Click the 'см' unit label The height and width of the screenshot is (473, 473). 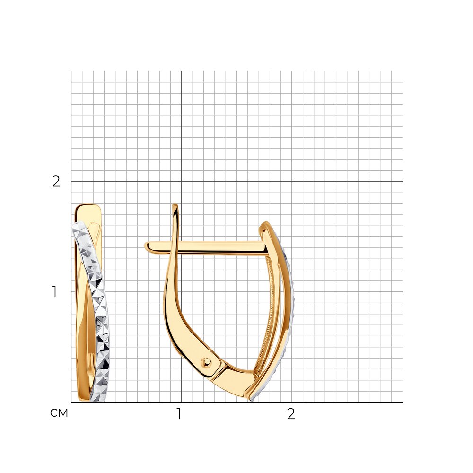[x=59, y=413]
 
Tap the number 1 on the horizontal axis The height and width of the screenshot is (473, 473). [x=179, y=414]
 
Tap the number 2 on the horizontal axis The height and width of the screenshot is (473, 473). [x=291, y=414]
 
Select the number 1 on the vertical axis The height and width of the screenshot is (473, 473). [x=54, y=292]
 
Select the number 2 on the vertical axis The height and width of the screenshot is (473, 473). [x=56, y=181]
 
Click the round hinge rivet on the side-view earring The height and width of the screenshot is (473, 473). [x=207, y=362]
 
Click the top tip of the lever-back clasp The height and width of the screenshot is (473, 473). [x=175, y=205]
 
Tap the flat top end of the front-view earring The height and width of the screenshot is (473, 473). [x=88, y=206]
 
